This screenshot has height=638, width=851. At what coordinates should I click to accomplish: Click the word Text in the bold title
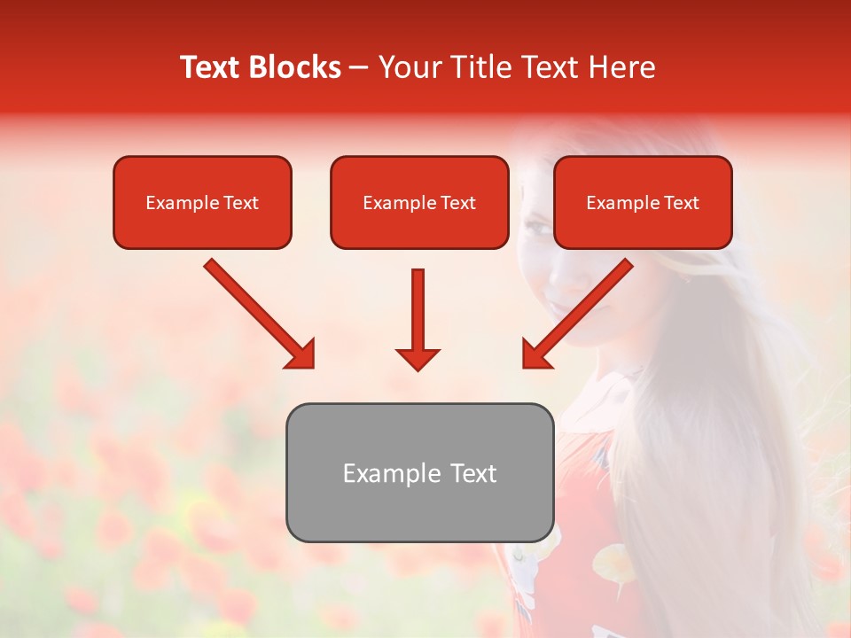point(211,67)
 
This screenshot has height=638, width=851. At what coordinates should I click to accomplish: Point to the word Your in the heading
point(408,67)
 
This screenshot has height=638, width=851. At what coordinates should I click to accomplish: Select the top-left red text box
point(202,202)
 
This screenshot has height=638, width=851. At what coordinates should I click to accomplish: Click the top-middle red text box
point(419,202)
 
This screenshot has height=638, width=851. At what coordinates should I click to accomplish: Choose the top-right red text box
point(643,202)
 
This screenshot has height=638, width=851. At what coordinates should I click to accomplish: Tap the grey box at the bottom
point(419,472)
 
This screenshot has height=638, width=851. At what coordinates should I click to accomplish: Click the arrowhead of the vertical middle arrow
point(418,358)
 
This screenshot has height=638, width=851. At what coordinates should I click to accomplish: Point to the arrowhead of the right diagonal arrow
point(537,354)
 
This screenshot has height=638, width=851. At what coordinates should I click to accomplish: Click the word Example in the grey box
point(384,473)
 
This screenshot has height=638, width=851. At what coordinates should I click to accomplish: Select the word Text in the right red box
point(680,203)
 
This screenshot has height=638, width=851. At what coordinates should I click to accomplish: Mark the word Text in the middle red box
point(457,203)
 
